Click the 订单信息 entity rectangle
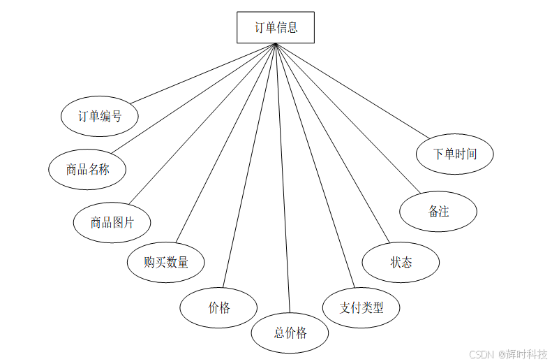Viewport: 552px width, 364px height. point(276,28)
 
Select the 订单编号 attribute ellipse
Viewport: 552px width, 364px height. point(100,117)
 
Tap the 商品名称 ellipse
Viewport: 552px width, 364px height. point(87,170)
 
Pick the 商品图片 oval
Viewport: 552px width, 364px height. point(112,223)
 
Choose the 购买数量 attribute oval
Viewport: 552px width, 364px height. point(166,263)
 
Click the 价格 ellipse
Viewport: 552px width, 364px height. point(218,307)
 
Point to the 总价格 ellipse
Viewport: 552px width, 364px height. point(290,333)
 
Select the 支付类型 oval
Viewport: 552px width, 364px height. point(361,307)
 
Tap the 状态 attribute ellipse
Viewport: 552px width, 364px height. point(401,263)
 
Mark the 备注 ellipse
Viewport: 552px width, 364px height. point(438,211)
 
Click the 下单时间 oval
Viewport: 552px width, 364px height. point(455,153)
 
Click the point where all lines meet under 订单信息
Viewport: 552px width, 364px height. point(276,45)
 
